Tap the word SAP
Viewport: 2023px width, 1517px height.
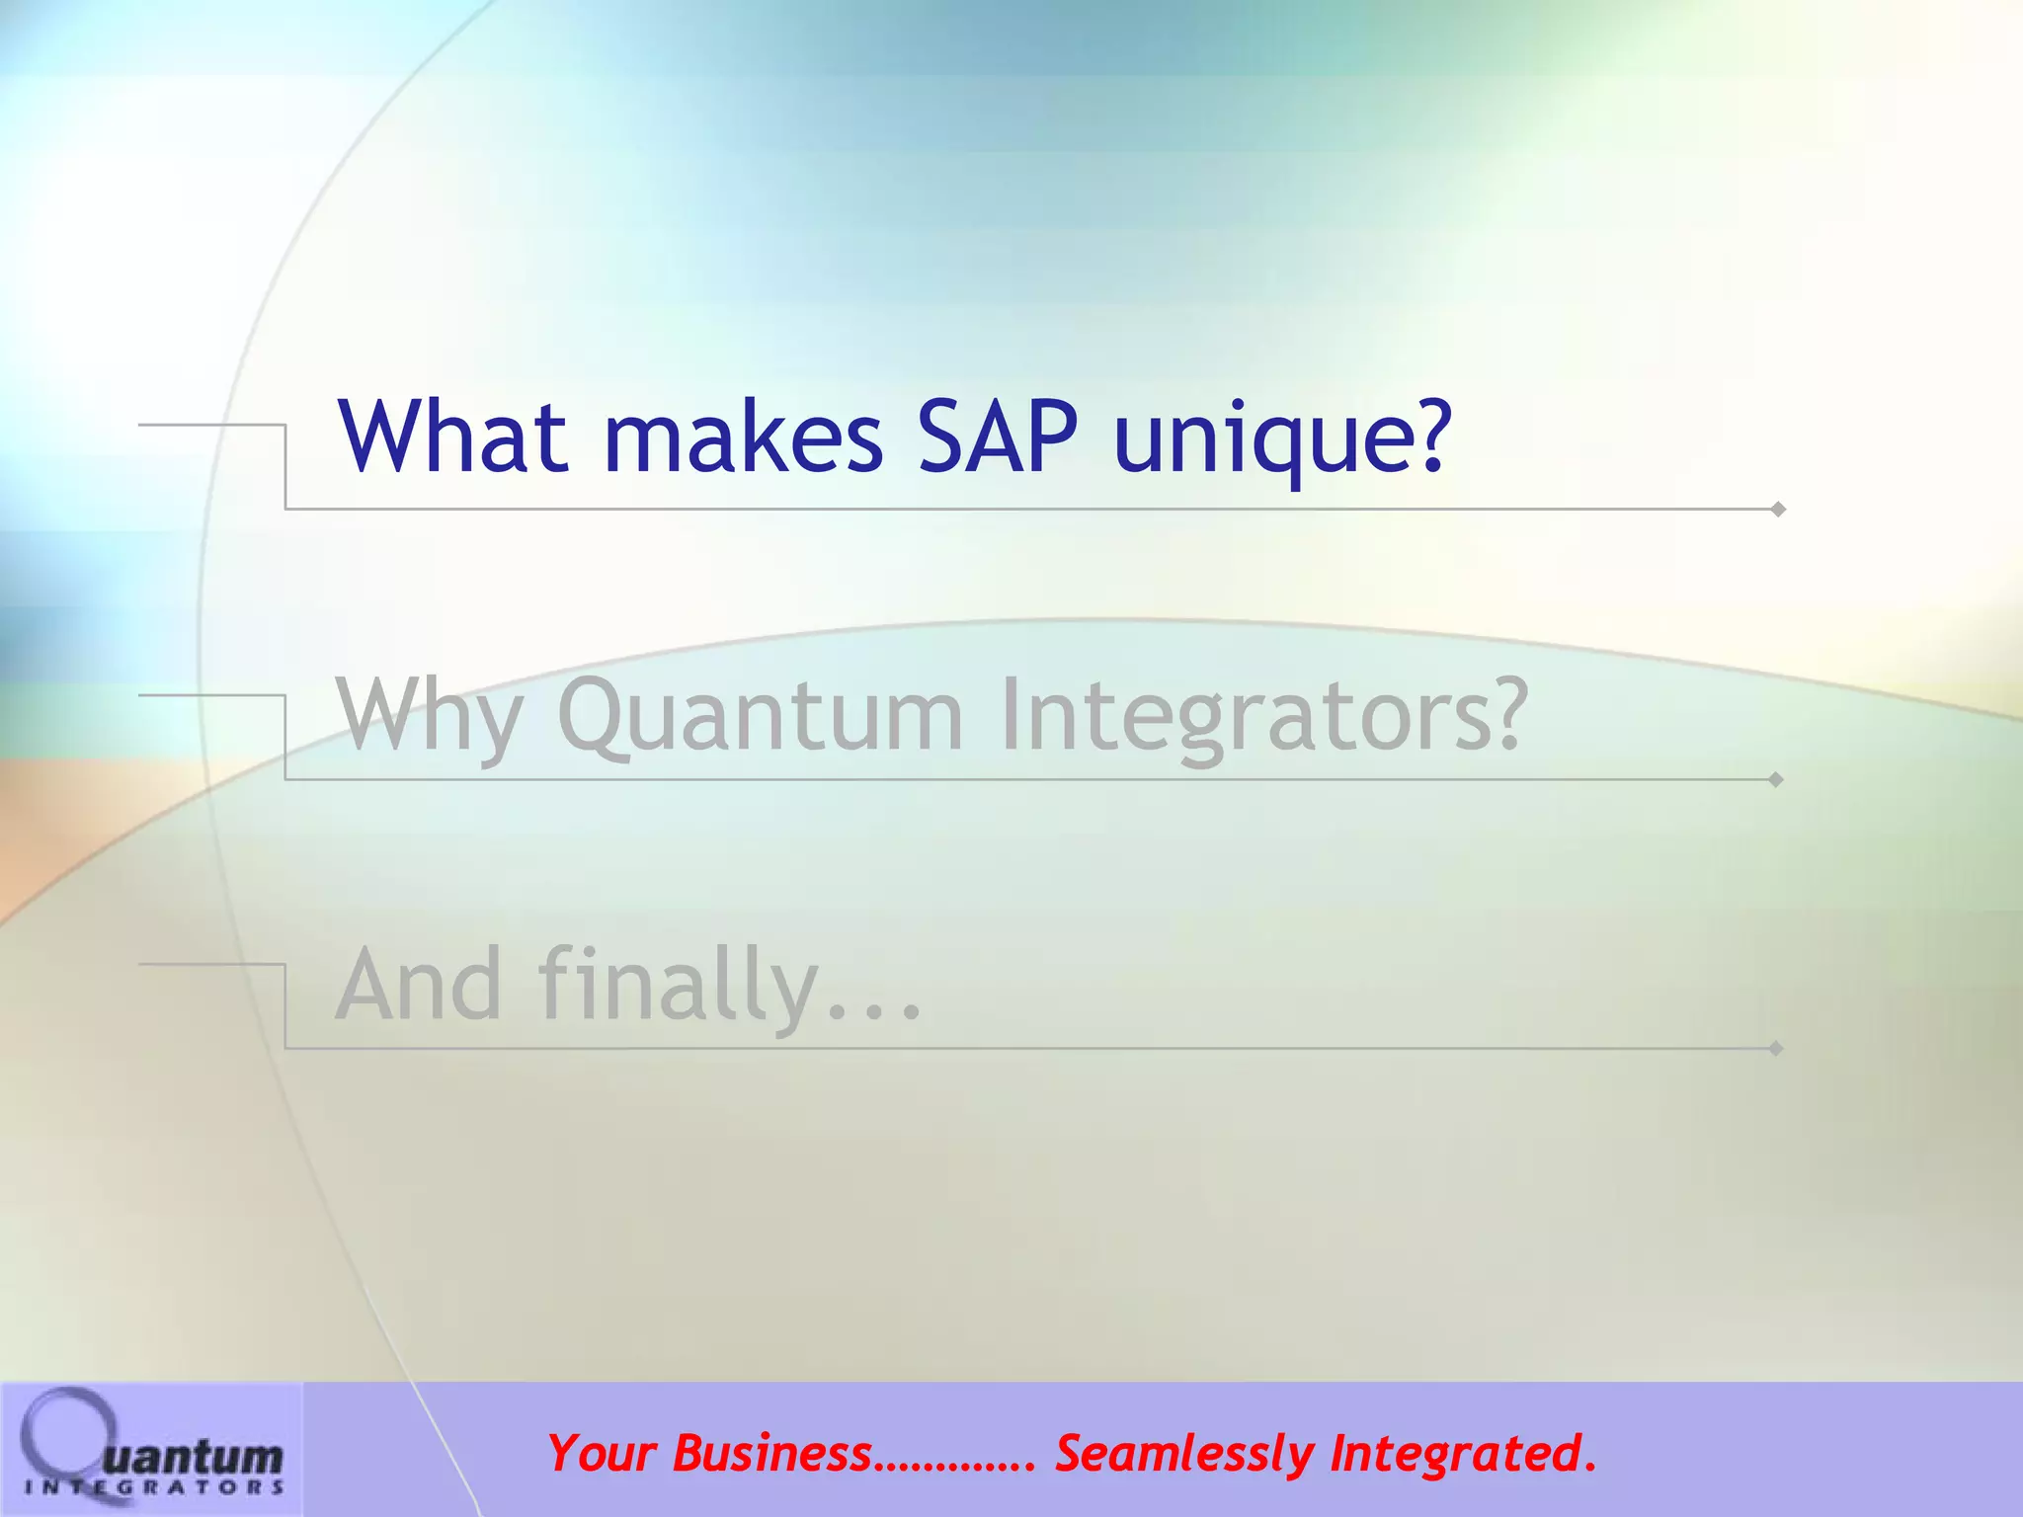point(998,437)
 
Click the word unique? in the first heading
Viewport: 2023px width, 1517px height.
point(1282,439)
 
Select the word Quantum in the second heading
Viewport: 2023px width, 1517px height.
point(759,716)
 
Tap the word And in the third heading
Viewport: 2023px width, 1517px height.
point(419,985)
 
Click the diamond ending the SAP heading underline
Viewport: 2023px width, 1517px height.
point(1778,510)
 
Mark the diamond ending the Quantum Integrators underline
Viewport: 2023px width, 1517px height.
point(1776,779)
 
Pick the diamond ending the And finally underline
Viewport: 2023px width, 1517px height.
point(1776,1048)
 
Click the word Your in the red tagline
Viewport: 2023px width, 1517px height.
point(601,1454)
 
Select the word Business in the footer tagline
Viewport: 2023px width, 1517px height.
point(772,1454)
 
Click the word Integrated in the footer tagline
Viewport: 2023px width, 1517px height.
point(1452,1454)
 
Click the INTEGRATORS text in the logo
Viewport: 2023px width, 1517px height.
point(154,1487)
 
